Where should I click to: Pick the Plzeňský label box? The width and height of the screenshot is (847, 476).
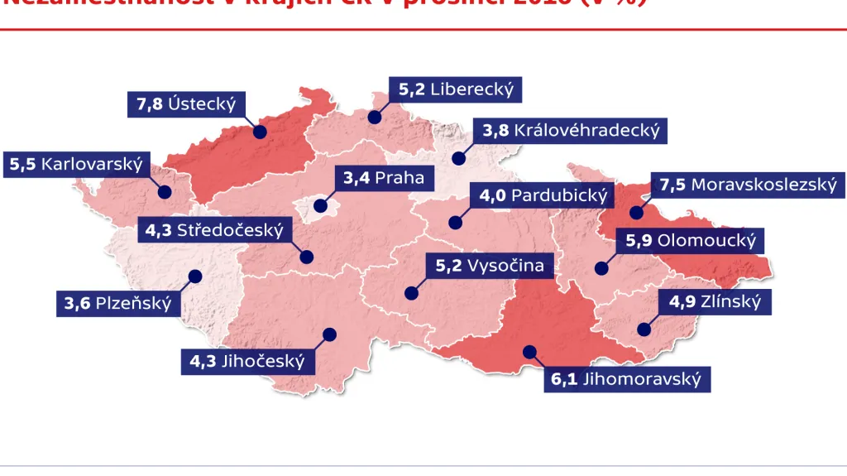tap(118, 303)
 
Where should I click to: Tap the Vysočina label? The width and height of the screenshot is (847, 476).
tap(490, 266)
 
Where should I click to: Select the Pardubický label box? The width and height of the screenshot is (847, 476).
tap(543, 196)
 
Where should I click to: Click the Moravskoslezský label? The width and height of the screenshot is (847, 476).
tap(748, 185)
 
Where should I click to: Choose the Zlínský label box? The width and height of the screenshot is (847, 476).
tap(715, 301)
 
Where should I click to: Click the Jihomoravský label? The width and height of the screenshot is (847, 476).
tap(626, 380)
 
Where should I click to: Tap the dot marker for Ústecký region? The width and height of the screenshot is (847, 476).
tap(260, 132)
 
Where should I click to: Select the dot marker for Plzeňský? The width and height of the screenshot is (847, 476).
tap(195, 276)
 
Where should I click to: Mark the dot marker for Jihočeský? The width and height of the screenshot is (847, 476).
tap(330, 334)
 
